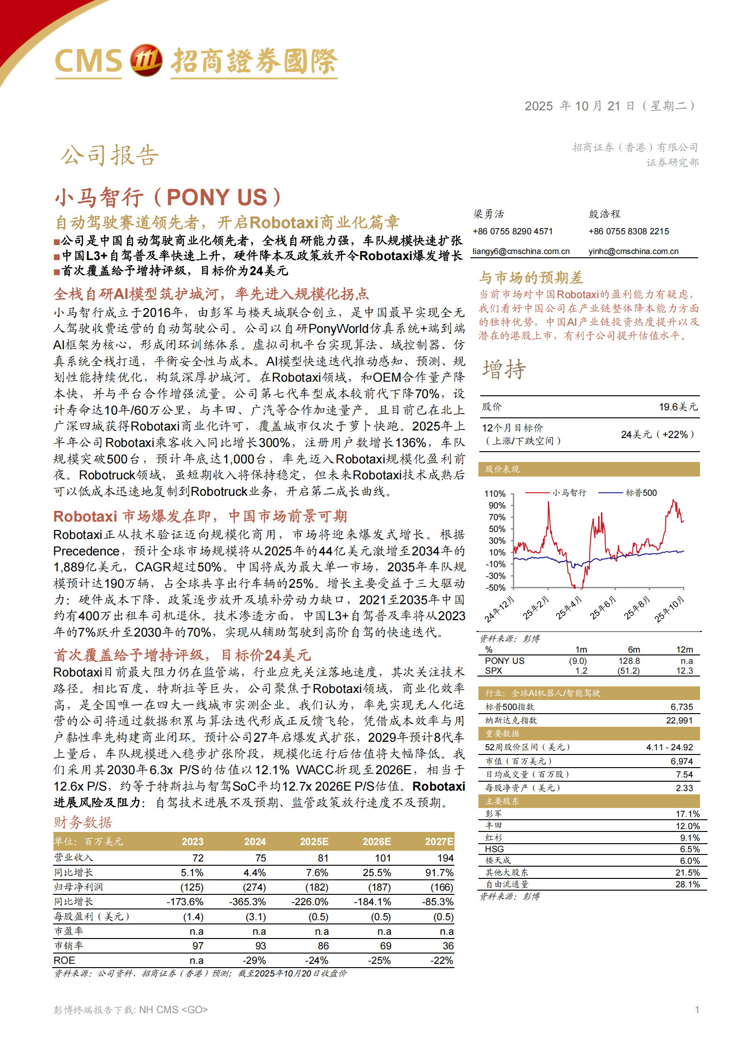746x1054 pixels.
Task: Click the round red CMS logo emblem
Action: point(146,61)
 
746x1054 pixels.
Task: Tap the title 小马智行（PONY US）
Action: point(168,197)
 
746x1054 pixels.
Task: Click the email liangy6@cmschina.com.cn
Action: point(521,251)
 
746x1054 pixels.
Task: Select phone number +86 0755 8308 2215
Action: point(629,231)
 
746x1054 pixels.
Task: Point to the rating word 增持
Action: point(504,369)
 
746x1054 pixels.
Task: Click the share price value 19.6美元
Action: point(678,407)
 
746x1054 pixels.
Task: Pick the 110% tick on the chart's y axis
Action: point(495,494)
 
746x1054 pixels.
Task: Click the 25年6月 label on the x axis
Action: point(603,608)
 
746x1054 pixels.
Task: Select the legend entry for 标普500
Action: point(641,493)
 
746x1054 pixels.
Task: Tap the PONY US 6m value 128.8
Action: point(629,661)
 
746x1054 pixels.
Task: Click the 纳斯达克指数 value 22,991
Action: point(679,721)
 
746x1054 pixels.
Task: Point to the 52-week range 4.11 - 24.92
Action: point(669,747)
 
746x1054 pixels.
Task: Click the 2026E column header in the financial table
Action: point(377,842)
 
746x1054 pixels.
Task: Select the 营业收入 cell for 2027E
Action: point(446,858)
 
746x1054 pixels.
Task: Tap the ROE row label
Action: point(64,961)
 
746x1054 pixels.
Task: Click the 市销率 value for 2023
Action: point(198,946)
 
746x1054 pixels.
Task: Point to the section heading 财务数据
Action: point(83,823)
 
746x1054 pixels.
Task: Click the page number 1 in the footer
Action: point(697,1010)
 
